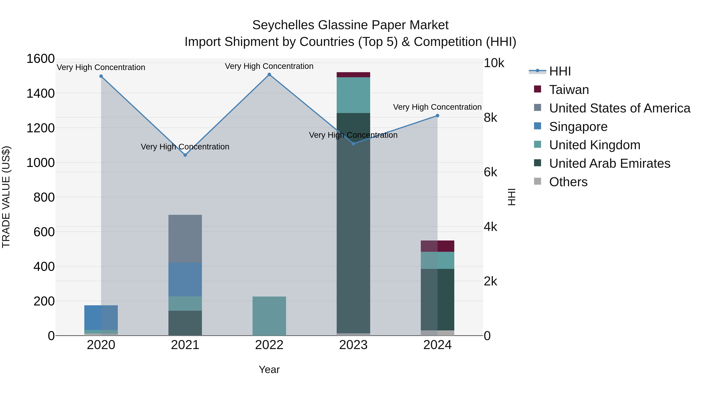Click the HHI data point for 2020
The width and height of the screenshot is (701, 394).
(101, 76)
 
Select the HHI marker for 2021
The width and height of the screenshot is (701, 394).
(185, 155)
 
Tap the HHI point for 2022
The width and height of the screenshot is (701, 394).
(269, 75)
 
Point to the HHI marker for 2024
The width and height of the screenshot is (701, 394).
(437, 116)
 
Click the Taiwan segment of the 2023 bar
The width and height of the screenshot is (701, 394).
(353, 75)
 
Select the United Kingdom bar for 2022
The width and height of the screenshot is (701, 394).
(269, 316)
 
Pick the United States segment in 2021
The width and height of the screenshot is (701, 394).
(185, 239)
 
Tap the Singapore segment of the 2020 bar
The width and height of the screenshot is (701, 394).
(101, 317)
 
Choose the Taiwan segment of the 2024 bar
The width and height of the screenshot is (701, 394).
(437, 246)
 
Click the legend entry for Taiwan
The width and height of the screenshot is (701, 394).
(569, 90)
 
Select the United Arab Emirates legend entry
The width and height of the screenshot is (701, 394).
(609, 163)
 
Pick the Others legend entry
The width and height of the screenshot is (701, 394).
(568, 182)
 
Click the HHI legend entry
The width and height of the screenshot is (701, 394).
(560, 71)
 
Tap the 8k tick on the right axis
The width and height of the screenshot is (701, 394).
(490, 118)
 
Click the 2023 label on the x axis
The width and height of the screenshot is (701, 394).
(353, 345)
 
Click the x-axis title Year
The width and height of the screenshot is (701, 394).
(269, 369)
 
